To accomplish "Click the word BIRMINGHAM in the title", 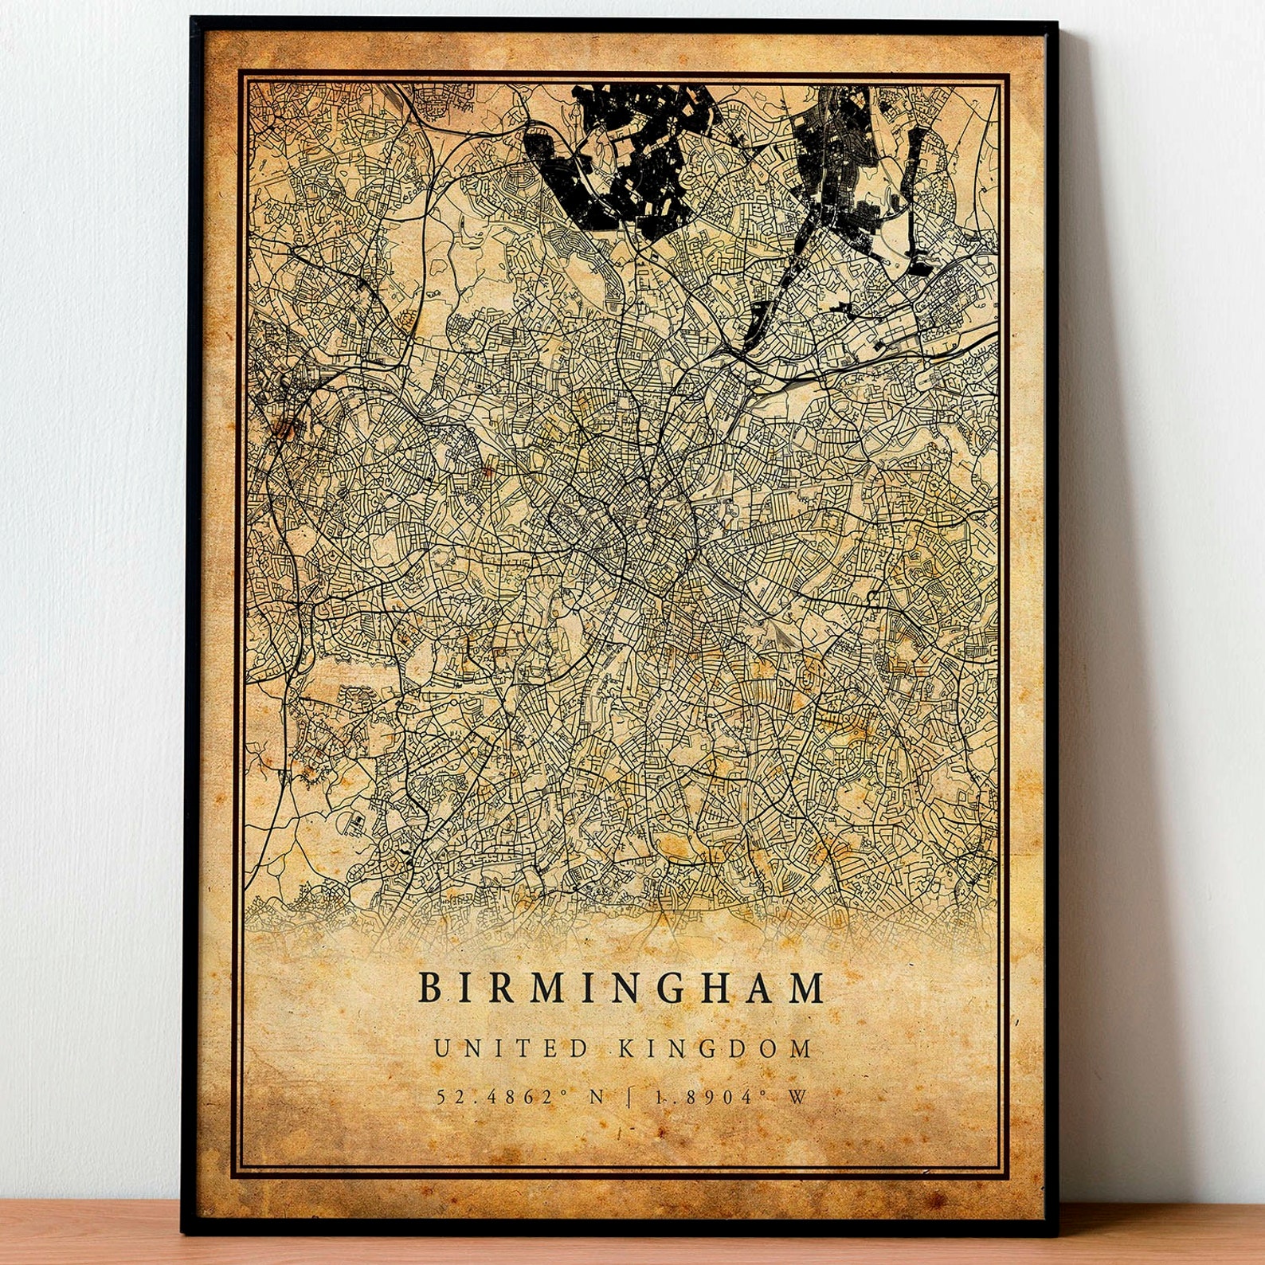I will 621,989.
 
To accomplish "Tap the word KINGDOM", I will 715,1048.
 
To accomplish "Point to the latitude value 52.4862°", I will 505,1097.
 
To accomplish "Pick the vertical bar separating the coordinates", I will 630,1097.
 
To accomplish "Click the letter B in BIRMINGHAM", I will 429,989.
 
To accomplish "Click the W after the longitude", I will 797,1097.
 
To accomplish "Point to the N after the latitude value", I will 596,1097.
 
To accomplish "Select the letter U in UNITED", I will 441,1048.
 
